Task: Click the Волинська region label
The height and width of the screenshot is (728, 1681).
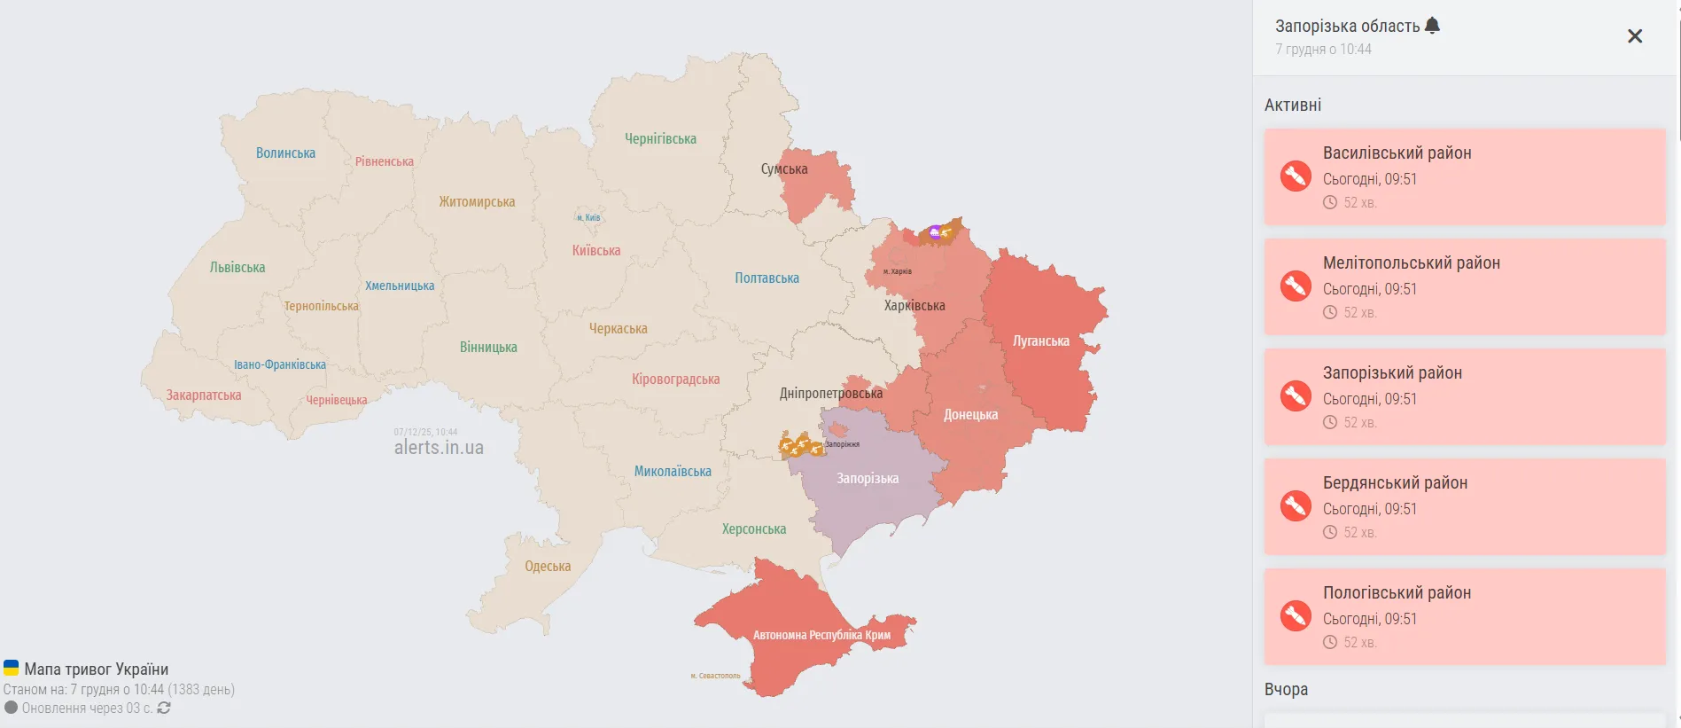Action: [x=285, y=153]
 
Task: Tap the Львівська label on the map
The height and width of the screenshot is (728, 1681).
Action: [x=237, y=268]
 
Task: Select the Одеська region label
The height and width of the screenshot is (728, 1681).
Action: [x=548, y=567]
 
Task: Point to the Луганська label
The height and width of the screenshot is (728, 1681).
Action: [x=1040, y=341]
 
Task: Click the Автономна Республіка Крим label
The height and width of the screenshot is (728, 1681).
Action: [x=821, y=635]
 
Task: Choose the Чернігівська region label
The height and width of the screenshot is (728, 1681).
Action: [x=660, y=139]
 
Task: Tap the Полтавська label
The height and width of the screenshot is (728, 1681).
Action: [x=767, y=278]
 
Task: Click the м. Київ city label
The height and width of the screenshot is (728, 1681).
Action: [x=588, y=217]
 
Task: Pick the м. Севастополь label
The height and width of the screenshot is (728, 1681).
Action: [x=715, y=676]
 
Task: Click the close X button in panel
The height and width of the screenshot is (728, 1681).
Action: [x=1635, y=36]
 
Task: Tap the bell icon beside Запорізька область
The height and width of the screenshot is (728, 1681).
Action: [x=1432, y=26]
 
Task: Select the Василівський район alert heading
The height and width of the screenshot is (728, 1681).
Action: [x=1397, y=153]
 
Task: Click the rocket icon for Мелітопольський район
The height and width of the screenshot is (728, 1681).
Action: [x=1296, y=286]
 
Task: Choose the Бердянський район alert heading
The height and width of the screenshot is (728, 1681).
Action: [x=1395, y=483]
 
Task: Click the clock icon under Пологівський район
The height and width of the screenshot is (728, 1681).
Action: [x=1330, y=642]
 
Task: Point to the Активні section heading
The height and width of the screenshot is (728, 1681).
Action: [x=1293, y=106]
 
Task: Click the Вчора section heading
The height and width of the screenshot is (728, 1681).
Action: [x=1286, y=690]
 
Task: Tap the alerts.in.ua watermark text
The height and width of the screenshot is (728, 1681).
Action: [x=439, y=448]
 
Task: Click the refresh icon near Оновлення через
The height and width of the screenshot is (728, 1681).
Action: [x=164, y=708]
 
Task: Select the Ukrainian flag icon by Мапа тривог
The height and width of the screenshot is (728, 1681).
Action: [x=12, y=668]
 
